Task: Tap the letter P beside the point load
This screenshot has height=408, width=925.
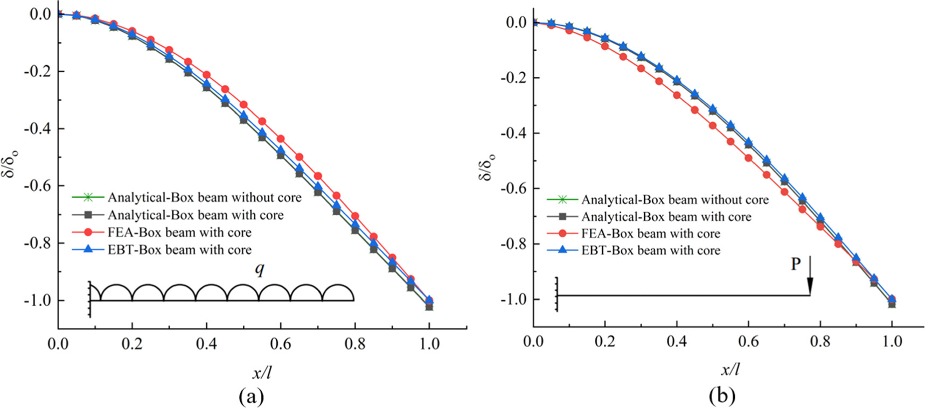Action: pos(795,264)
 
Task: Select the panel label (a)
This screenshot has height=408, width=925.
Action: pos(251,396)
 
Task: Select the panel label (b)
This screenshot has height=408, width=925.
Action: pos(722,396)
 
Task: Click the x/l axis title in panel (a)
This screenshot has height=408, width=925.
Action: pos(261,372)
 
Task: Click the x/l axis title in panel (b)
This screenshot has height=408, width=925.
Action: pos(730,370)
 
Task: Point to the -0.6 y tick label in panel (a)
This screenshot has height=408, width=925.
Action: pos(36,186)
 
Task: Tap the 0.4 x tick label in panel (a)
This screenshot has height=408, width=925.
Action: pos(206,343)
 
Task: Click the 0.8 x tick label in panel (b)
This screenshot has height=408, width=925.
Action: pos(820,341)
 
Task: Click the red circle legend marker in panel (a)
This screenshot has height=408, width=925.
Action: pos(88,233)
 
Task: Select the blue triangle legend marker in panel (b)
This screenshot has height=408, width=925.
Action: pos(562,250)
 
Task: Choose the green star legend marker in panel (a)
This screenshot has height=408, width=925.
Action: pos(88,198)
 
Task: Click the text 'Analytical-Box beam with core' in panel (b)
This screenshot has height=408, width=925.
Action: pos(666,216)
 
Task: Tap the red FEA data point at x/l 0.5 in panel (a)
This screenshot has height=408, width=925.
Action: pos(244,104)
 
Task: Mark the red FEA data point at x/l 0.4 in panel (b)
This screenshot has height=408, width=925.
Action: pos(677,95)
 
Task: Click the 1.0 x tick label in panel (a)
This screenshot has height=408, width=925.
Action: pos(429,343)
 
